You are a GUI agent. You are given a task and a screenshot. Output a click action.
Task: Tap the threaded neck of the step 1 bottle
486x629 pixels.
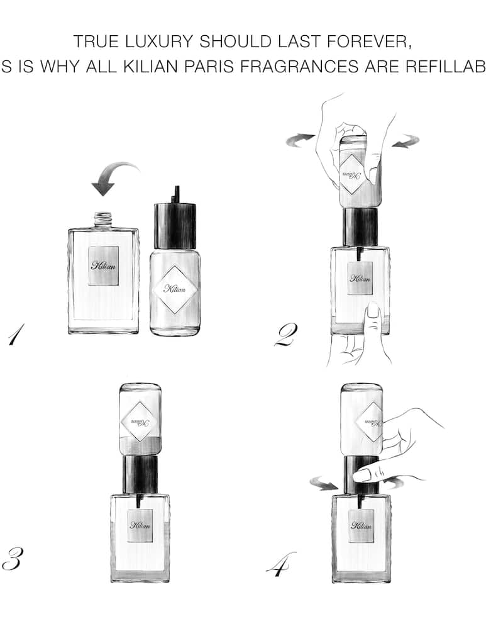103,220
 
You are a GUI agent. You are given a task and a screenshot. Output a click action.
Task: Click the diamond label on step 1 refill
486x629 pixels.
175,289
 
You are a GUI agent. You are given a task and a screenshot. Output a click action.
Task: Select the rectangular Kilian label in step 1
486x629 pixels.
103,265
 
